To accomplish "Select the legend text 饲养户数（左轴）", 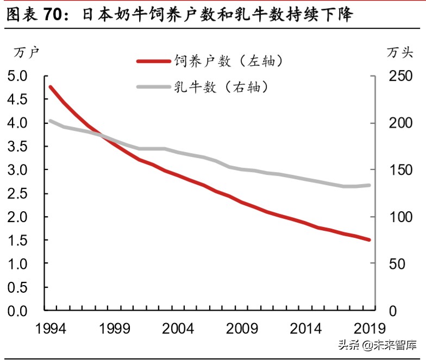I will [x=228, y=61].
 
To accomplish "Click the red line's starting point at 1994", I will [x=51, y=87].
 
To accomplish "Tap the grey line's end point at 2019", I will [x=369, y=185].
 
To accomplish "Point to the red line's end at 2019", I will [x=369, y=239].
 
